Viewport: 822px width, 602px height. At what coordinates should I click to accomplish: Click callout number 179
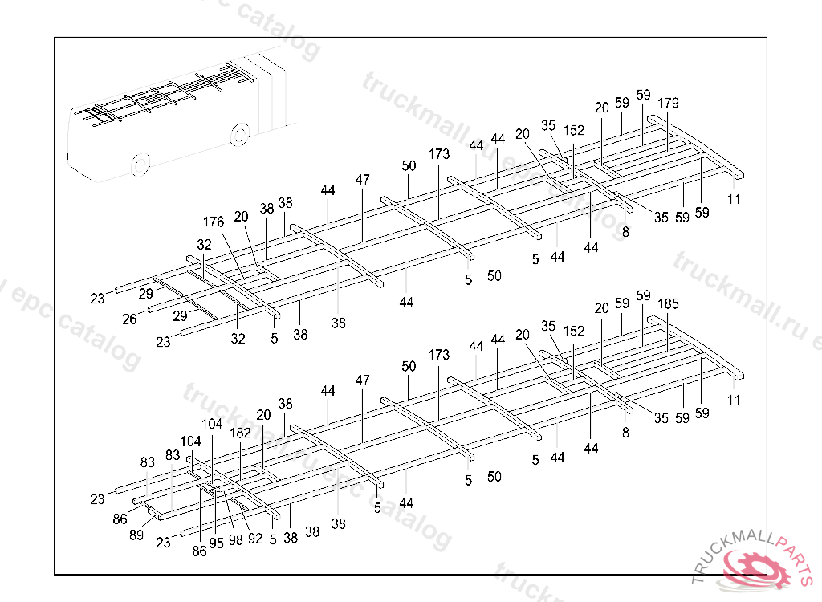tap(668, 103)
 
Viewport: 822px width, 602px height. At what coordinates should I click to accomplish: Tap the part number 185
tap(668, 304)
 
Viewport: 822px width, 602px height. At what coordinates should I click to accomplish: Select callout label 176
tap(213, 222)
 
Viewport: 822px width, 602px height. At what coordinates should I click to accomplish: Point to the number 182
tap(240, 433)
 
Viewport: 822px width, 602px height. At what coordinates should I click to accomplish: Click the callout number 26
tap(130, 319)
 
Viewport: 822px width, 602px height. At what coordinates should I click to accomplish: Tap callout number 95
tap(216, 543)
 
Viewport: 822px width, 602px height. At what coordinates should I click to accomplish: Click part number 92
tap(254, 539)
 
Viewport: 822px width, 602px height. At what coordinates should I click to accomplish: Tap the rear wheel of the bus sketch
tap(238, 134)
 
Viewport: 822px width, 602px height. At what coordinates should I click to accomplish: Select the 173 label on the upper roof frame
tap(439, 153)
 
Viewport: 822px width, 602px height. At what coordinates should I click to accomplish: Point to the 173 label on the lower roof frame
tap(439, 354)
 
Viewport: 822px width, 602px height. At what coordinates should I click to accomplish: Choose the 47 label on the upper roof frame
tap(363, 179)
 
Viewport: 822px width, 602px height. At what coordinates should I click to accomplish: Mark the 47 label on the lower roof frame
tap(363, 380)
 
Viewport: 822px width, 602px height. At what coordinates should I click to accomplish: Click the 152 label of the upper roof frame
tap(574, 130)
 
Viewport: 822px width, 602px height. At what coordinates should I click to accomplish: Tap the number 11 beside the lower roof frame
tap(734, 400)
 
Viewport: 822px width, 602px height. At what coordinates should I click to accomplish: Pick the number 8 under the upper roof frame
tap(625, 231)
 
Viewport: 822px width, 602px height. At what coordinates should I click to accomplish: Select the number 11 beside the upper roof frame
tap(734, 199)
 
